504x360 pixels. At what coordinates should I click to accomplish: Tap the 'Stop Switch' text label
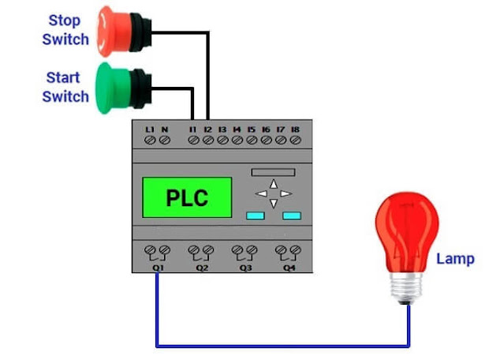click(x=65, y=29)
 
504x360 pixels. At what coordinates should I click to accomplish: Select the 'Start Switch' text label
click(x=65, y=87)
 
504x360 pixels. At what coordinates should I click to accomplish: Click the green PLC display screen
click(x=187, y=197)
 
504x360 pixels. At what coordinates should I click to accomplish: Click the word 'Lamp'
click(x=455, y=258)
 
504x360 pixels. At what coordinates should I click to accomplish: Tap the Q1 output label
click(x=158, y=268)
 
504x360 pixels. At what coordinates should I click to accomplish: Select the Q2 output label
click(x=202, y=268)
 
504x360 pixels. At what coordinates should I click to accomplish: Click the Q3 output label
click(x=245, y=268)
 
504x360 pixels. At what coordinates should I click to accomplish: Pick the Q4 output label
click(x=289, y=268)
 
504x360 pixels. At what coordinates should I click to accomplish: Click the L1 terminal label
click(x=150, y=129)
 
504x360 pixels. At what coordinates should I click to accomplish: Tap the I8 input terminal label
click(x=295, y=129)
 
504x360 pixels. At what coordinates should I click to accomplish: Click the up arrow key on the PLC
click(x=273, y=184)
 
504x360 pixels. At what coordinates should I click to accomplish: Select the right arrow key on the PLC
click(x=286, y=193)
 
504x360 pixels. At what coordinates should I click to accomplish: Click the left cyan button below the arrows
click(x=254, y=215)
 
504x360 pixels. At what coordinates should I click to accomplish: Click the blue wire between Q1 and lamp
click(x=284, y=345)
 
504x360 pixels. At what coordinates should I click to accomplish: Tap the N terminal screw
click(x=165, y=141)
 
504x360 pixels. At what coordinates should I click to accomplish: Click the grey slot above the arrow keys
click(x=272, y=171)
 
